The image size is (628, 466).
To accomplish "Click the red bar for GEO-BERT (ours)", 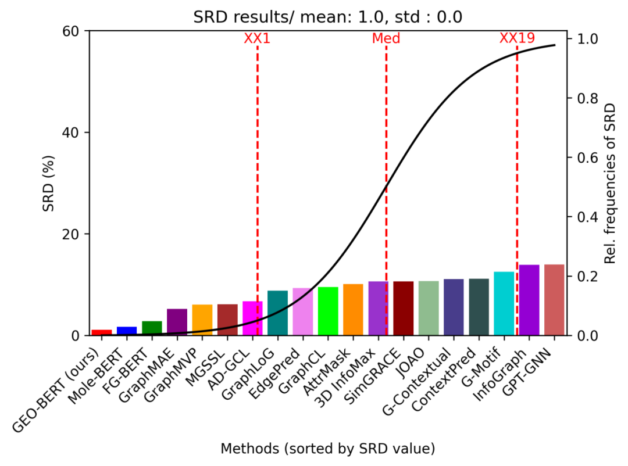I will pos(102,332).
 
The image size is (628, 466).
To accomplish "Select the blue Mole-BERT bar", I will pos(127,331).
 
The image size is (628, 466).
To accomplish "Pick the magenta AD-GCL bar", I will pos(252,318).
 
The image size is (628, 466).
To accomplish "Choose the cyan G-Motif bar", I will pos(504,303).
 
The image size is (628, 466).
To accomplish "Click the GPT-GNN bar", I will pos(554,300).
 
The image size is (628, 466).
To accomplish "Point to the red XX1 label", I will pos(257,39).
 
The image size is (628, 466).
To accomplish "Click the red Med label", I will pos(386,39).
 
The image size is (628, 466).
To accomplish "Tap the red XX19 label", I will pos(517,39).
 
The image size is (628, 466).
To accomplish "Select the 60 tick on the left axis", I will pos(73,31).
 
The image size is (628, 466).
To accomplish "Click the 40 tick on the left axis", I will pos(73,132).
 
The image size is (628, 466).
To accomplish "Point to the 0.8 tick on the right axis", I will pos(588,98).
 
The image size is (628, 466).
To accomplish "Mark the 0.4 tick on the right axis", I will pos(588,217).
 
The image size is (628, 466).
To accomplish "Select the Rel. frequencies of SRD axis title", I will pos(610,183).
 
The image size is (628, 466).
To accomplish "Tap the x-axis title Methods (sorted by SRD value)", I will pos(328,449).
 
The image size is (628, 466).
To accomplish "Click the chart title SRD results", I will pos(328,17).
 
